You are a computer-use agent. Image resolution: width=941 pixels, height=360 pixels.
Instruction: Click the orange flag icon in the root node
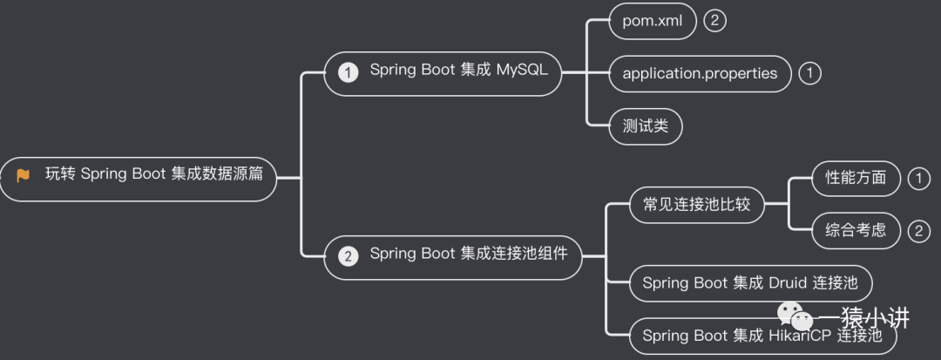24,175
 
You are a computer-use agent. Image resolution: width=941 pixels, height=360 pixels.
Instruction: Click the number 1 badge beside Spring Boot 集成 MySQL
349,72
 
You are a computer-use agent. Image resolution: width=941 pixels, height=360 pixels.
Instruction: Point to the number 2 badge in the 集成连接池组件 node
349,256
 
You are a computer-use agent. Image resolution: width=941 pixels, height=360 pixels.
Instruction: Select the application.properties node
700,73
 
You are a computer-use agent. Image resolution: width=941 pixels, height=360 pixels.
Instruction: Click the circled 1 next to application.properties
809,74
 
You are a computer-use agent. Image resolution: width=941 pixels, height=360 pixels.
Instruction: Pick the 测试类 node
646,126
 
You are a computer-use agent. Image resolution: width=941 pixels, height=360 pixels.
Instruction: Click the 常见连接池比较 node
690,205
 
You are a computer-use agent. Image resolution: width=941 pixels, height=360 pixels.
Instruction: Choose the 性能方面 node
855,178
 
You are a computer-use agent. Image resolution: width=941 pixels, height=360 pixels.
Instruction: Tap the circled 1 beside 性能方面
918,179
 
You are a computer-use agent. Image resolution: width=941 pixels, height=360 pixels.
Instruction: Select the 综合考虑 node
855,230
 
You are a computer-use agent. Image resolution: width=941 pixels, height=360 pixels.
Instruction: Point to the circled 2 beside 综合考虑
918,231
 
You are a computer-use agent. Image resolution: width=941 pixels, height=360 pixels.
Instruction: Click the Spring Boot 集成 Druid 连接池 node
749,282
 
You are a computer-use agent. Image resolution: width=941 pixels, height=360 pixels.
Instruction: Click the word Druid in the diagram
788,282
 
